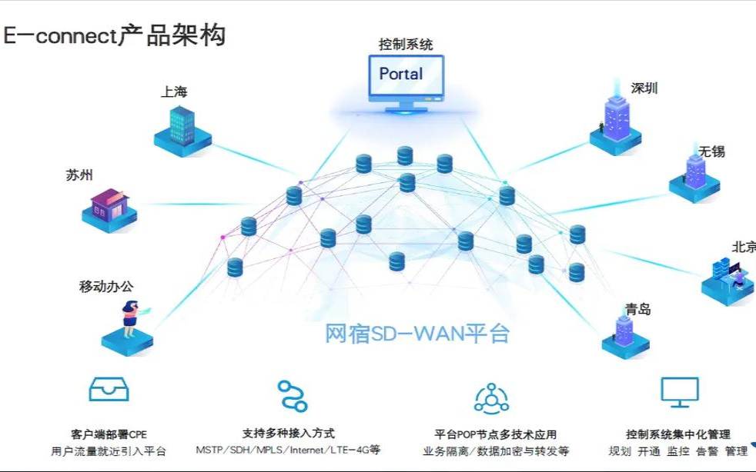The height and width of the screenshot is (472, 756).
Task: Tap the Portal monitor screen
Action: click(405, 75)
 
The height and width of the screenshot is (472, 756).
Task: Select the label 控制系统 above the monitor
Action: click(405, 45)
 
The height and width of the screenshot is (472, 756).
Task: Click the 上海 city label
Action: click(174, 91)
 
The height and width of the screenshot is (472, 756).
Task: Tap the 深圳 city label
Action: click(644, 88)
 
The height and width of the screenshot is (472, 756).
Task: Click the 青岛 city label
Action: click(638, 309)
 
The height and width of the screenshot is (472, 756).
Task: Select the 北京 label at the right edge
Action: click(743, 247)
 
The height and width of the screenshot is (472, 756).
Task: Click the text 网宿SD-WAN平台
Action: click(417, 334)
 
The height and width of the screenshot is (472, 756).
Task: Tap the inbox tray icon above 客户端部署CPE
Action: click(109, 390)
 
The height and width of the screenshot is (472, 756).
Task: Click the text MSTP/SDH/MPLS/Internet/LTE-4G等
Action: click(288, 450)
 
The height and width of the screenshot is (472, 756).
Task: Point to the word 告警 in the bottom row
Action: click(707, 451)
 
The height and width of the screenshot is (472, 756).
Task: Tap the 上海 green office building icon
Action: click(182, 126)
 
